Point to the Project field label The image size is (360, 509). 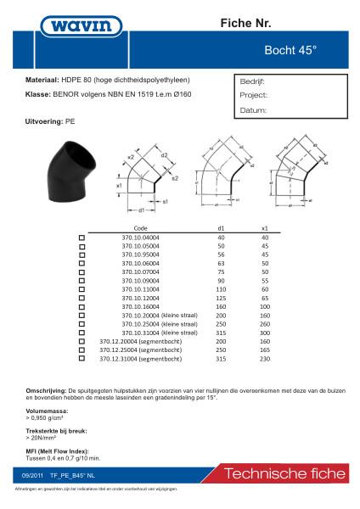253,97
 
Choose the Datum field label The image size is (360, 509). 252,110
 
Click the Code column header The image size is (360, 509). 140,228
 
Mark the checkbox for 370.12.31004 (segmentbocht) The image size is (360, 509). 82,360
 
